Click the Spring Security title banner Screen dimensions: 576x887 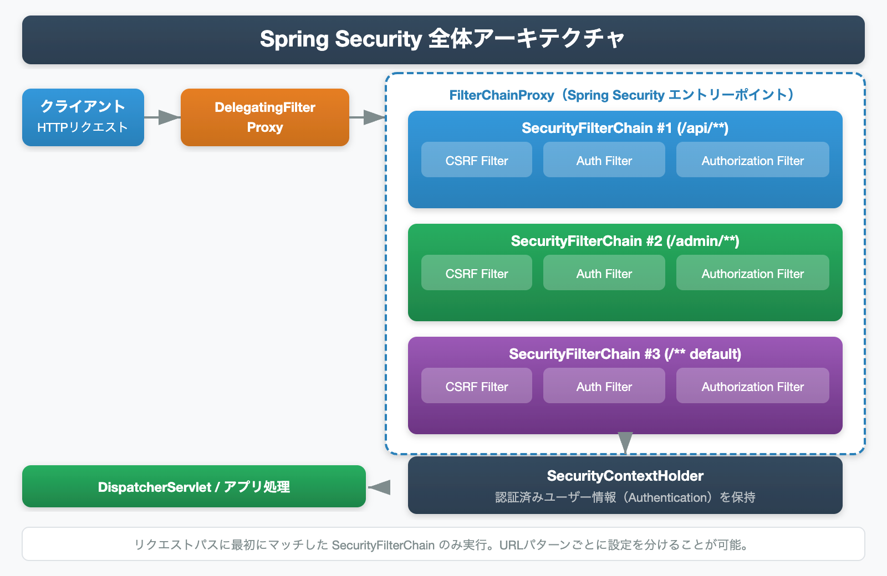pos(443,39)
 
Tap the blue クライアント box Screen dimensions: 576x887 pos(83,117)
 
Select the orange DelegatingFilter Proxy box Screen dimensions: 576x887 pos(265,117)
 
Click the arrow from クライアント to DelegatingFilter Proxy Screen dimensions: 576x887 pos(162,117)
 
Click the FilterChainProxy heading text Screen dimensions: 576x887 pos(621,95)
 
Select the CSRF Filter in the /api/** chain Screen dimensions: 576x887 pos(477,160)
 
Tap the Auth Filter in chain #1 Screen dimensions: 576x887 pos(604,160)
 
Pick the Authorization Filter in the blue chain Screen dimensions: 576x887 pos(752,160)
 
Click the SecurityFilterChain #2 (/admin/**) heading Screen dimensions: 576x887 pos(625,241)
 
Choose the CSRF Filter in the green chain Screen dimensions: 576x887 pos(477,273)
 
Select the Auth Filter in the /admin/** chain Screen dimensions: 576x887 pos(604,273)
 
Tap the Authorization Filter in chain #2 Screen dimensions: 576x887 pos(752,273)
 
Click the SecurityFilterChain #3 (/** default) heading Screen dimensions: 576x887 pos(625,354)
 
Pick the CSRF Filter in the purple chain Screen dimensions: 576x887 pos(477,386)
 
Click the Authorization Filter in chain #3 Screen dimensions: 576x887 pos(752,386)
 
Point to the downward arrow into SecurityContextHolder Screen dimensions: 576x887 pos(625,442)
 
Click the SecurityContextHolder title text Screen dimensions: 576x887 pos(625,476)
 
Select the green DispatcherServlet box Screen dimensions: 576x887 pos(194,486)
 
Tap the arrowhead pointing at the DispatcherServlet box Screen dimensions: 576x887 pos(380,487)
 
